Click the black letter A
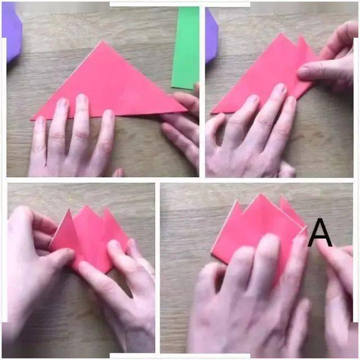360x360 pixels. [320, 233]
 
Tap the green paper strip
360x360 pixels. [186, 48]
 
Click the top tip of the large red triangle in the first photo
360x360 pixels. [102, 41]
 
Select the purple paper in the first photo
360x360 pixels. [11, 32]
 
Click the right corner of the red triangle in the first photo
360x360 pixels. [187, 111]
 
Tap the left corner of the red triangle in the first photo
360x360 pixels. [32, 119]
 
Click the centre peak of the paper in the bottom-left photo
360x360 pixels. [86, 206]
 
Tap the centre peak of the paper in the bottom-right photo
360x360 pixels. [260, 194]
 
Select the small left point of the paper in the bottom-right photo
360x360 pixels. [237, 200]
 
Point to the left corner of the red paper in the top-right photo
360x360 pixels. [211, 112]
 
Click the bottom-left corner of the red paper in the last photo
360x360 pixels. [211, 253]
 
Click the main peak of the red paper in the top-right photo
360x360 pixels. [281, 34]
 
